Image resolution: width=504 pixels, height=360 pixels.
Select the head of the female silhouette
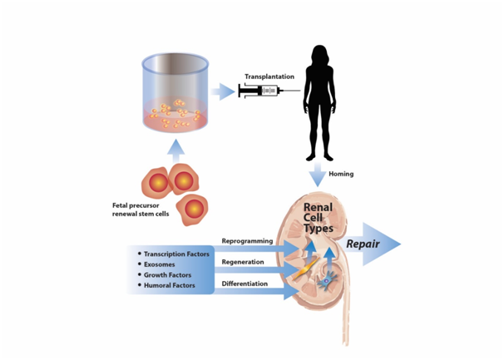(319, 54)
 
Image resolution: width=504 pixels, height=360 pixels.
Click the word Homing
(341, 174)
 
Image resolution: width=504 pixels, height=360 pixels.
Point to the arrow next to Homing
(318, 175)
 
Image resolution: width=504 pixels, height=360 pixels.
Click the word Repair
(363, 244)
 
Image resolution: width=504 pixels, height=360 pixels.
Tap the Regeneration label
(243, 262)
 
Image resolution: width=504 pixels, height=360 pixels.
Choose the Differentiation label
(245, 284)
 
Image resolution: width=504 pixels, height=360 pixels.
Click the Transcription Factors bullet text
(176, 254)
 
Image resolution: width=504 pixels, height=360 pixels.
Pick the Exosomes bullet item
(161, 264)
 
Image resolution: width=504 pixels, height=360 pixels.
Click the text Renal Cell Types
(319, 217)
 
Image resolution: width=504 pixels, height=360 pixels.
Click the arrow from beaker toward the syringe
(220, 91)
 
